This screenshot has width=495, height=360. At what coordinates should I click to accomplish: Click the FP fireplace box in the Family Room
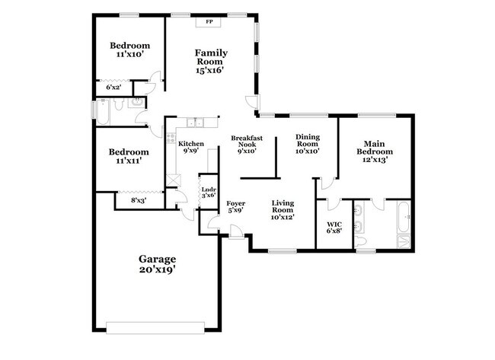[x=209, y=22]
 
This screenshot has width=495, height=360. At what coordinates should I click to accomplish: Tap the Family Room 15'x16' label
[x=210, y=61]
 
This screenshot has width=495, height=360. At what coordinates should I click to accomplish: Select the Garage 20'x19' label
[x=157, y=264]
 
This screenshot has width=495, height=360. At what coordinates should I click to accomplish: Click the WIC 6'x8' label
[x=334, y=226]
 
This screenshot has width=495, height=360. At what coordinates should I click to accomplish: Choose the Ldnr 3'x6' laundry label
[x=208, y=191]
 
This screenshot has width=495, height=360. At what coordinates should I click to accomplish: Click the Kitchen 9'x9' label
[x=190, y=147]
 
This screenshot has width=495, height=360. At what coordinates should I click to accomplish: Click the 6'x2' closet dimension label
[x=112, y=88]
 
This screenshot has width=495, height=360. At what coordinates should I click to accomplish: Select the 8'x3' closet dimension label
[x=138, y=201]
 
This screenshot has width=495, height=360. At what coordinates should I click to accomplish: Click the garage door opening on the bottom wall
[x=157, y=328]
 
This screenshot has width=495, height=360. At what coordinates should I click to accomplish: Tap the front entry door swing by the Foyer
[x=237, y=233]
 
